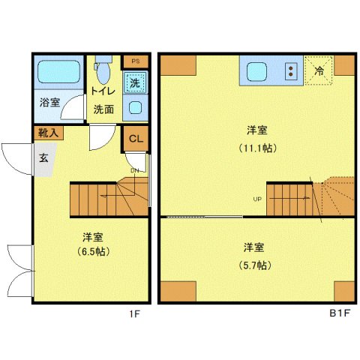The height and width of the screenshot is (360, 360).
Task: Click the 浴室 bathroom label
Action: [x=50, y=103]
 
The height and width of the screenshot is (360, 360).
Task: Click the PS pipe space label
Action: [x=136, y=60]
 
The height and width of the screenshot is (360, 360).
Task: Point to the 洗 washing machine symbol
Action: [x=135, y=82]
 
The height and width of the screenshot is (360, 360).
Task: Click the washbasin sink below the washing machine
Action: [x=136, y=106]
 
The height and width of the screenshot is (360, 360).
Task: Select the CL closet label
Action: [x=136, y=138]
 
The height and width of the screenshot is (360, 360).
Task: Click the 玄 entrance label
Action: [x=44, y=158]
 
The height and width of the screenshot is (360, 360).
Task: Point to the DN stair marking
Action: [x=134, y=169]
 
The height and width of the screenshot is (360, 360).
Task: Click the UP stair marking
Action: [x=257, y=199]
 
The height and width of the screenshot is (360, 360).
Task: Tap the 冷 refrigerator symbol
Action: [x=319, y=73]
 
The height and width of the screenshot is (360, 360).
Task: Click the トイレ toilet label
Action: [x=103, y=91]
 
